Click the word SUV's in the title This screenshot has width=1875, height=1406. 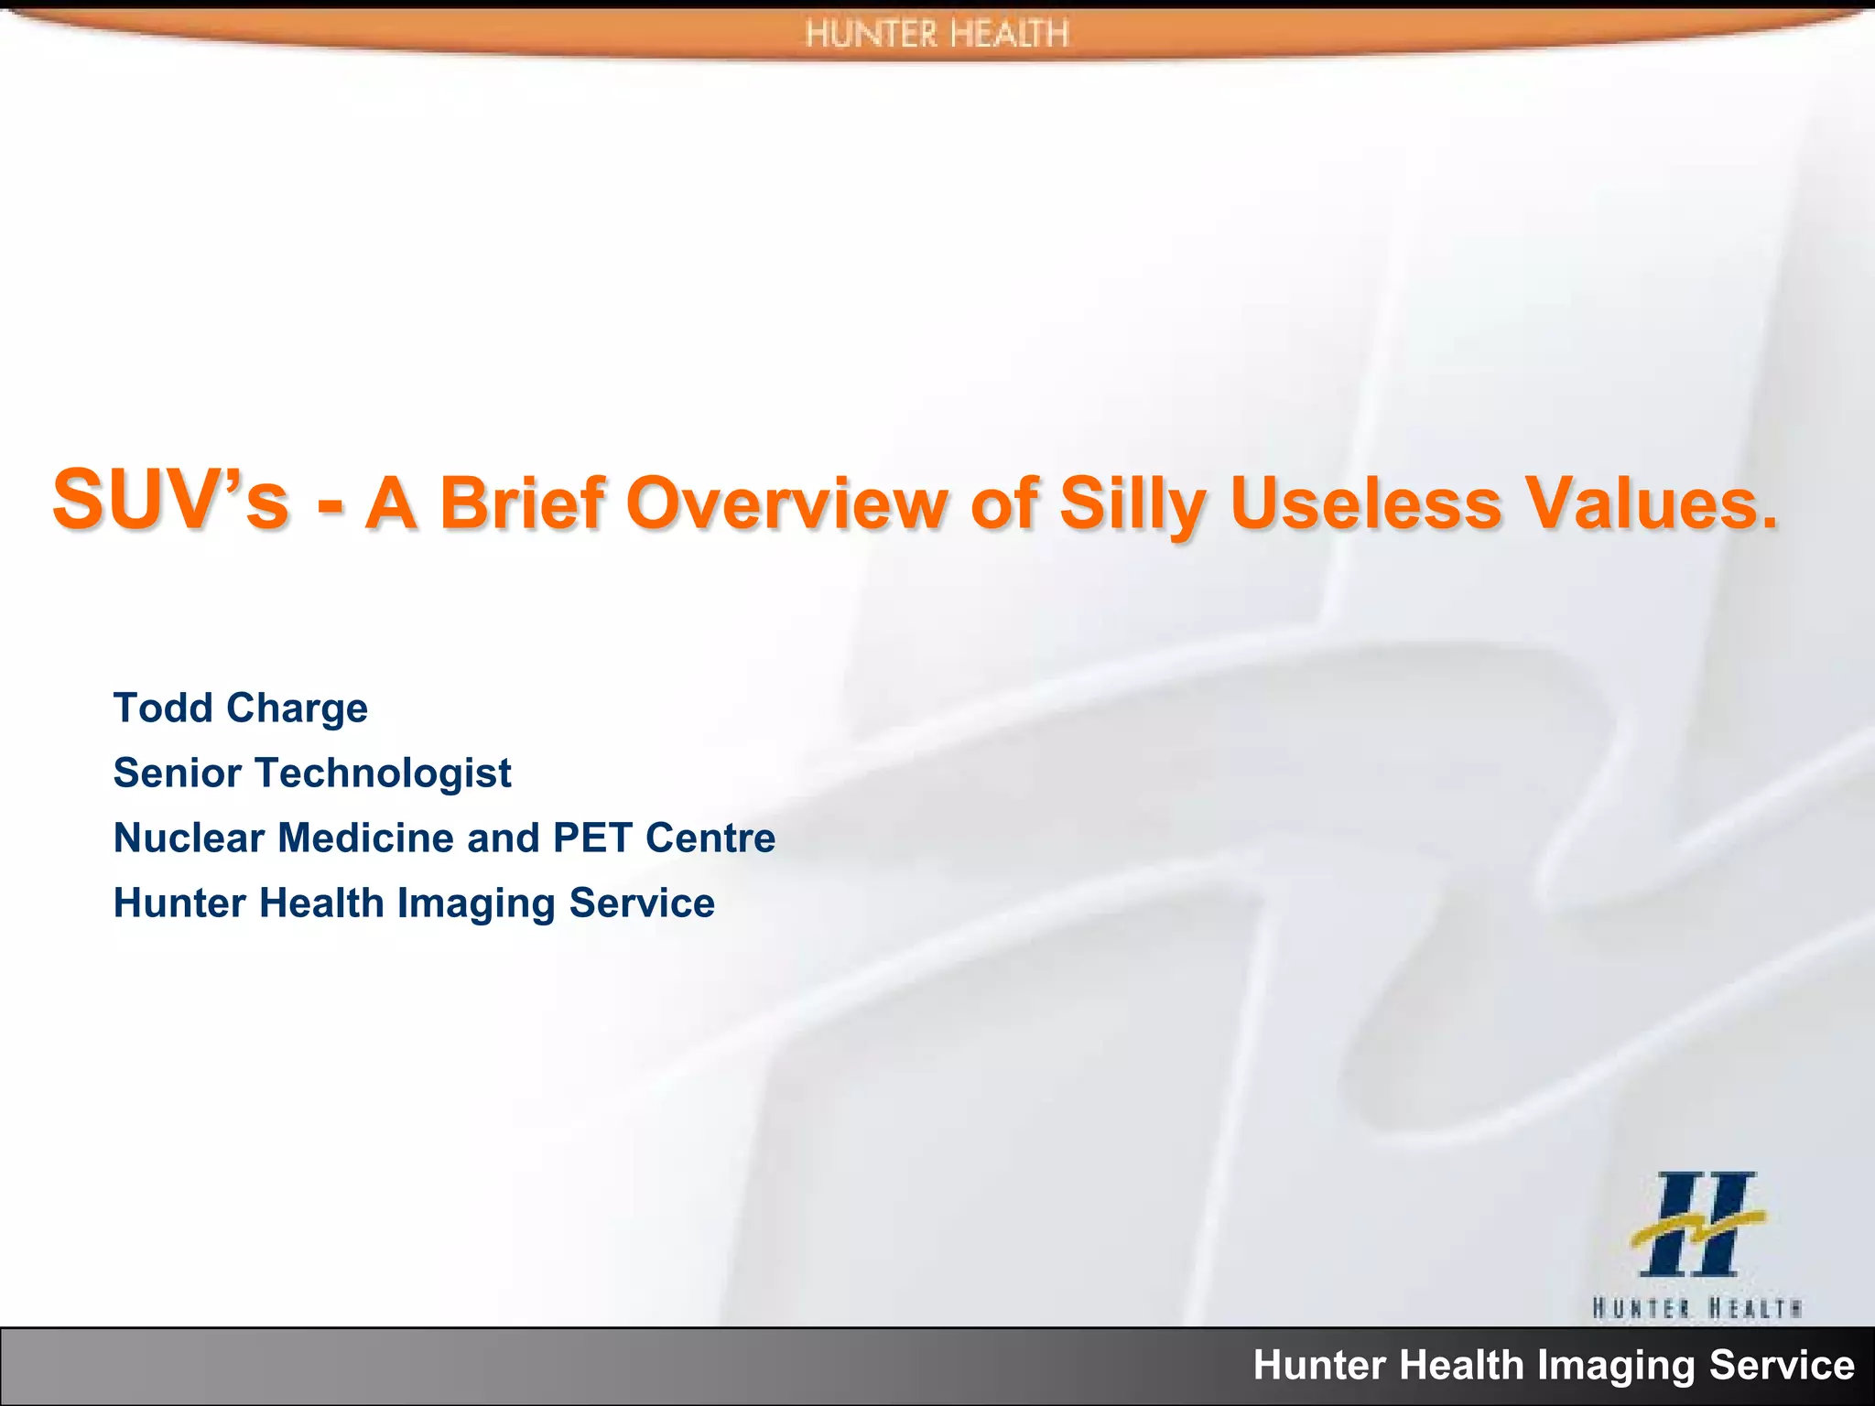[170, 502]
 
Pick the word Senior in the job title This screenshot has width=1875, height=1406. [178, 773]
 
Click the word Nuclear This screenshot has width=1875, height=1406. [188, 838]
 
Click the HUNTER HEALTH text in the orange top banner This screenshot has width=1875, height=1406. [937, 35]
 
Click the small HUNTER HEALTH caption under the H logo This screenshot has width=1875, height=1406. [1696, 1307]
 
